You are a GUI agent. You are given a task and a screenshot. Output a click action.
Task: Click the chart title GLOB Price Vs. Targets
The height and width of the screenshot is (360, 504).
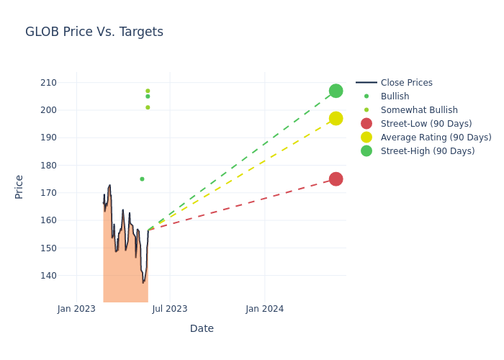pos(94,32)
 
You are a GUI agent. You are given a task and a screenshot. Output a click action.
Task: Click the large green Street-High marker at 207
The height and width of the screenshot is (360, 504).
pos(336,91)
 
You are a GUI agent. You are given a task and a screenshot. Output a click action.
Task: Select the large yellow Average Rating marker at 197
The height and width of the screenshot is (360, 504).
pos(336,118)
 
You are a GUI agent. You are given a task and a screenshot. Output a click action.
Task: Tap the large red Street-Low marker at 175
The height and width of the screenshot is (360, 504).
pos(336,179)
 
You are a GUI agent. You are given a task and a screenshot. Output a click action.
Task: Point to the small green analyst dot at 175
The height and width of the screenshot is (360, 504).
pos(142,179)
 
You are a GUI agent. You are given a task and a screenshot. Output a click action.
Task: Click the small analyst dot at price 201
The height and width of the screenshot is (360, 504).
pos(148,107)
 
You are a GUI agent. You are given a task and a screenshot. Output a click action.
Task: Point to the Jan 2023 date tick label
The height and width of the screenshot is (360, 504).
pos(76,309)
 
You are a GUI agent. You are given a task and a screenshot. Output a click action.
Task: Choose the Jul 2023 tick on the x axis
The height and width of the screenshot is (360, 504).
pos(170,309)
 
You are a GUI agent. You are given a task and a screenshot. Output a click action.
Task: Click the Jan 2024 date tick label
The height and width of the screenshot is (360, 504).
pos(264,309)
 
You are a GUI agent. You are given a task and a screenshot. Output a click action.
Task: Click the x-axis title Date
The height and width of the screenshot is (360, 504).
pos(202,328)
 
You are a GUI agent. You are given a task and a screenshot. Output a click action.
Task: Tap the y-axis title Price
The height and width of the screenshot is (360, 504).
pos(19,186)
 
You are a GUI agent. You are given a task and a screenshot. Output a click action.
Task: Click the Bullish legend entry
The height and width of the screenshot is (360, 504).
pos(395,96)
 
